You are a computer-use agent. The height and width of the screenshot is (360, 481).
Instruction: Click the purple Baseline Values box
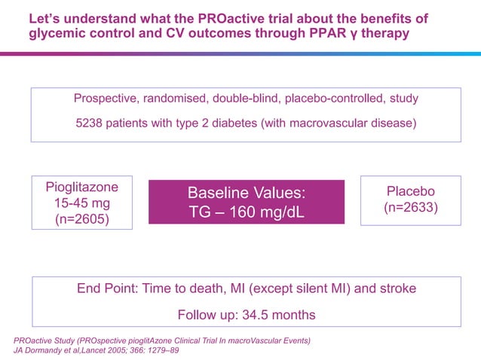(246, 202)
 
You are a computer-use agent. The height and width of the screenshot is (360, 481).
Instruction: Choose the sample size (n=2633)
(410, 209)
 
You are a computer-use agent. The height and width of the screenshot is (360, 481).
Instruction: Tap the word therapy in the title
(386, 35)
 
